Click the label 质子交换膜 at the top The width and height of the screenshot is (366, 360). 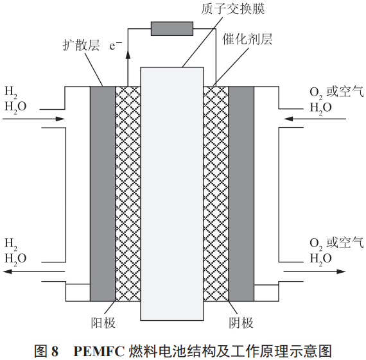(x=232, y=9)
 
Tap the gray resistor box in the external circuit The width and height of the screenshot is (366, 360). (x=172, y=29)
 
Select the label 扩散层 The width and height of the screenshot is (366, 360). (x=81, y=45)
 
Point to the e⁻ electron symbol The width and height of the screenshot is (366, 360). (x=116, y=46)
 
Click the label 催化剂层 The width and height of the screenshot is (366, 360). (x=247, y=39)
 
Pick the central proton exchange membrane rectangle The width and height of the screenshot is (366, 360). (x=172, y=194)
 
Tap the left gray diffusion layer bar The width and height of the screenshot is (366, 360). (x=103, y=194)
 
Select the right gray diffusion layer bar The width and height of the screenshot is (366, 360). (x=241, y=194)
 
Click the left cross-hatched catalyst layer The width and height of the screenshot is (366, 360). (x=128, y=194)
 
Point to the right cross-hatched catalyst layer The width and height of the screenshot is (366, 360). (x=216, y=194)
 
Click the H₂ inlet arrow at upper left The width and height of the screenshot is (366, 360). (x=33, y=119)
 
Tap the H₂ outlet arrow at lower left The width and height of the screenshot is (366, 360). (x=33, y=271)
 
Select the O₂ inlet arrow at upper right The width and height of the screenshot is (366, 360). (x=315, y=119)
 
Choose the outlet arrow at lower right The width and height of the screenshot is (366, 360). (x=315, y=271)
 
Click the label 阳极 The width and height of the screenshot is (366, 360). (x=103, y=323)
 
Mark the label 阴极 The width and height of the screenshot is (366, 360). (x=241, y=323)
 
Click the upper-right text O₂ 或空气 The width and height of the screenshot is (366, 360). (x=336, y=92)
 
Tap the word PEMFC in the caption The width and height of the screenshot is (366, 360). (x=99, y=351)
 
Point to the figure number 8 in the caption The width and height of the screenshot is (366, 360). (x=55, y=351)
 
